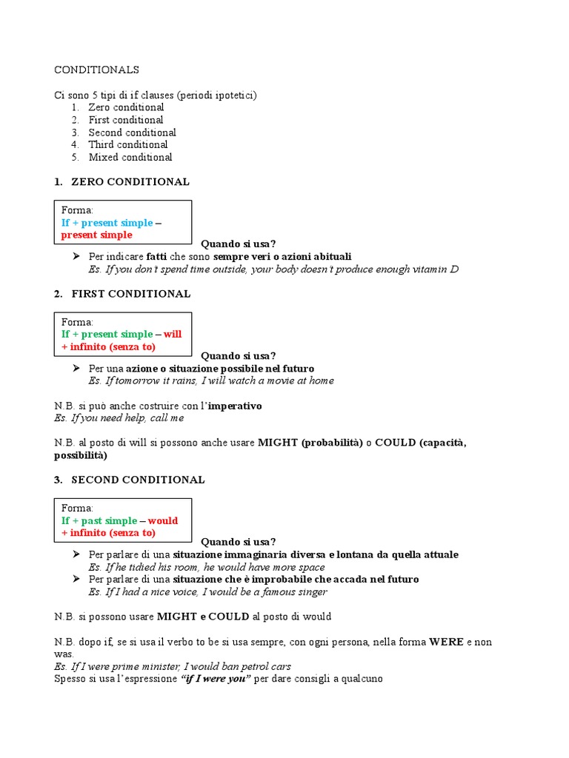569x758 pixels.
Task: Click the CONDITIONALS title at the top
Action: click(x=96, y=70)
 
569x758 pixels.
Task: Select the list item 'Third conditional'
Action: click(x=128, y=144)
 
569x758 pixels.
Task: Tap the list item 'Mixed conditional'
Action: click(x=130, y=157)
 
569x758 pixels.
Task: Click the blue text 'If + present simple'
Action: click(x=107, y=223)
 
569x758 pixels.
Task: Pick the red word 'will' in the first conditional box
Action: click(x=173, y=334)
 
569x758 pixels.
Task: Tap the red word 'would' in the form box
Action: click(x=163, y=520)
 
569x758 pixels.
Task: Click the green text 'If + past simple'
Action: click(x=99, y=520)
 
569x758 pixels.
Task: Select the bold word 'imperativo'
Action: click(x=235, y=406)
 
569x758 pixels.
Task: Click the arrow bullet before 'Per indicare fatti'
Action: click(x=76, y=256)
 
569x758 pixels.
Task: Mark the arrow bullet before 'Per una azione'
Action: click(x=76, y=368)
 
